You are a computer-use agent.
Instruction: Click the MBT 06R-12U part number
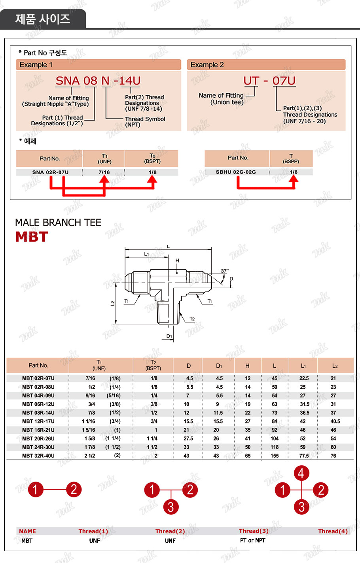(38, 404)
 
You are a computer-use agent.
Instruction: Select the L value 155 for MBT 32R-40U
(275, 456)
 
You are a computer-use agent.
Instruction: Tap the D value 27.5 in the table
(188, 438)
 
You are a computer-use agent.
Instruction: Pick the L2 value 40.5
(335, 421)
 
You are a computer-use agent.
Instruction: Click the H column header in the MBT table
(247, 366)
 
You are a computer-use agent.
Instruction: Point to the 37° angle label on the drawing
(225, 271)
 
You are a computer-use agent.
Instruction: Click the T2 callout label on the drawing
(192, 319)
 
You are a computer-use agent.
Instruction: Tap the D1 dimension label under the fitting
(169, 336)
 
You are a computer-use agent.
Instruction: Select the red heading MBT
(32, 237)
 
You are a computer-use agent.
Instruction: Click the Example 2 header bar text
(207, 64)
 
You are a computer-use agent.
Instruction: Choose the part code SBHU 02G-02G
(236, 172)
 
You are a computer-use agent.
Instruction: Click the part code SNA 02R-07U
(50, 172)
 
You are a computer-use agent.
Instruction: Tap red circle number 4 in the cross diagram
(301, 473)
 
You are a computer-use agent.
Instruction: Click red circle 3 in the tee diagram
(171, 506)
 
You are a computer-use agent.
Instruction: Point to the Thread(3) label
(254, 531)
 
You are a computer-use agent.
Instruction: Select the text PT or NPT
(253, 540)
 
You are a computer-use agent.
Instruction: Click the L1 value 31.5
(305, 404)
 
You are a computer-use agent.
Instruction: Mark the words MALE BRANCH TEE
(58, 223)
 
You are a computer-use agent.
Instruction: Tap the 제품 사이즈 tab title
(43, 19)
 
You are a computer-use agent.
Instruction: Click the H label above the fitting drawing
(177, 261)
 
